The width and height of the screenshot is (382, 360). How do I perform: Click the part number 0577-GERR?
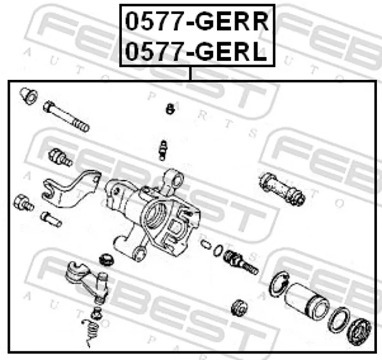[x=197, y=21]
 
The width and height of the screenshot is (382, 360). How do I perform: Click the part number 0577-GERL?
[x=196, y=52]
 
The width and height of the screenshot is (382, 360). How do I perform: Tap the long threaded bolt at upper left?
[x=66, y=116]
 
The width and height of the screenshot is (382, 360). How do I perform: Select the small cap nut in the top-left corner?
[x=29, y=96]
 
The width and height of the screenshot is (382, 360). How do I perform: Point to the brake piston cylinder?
[x=307, y=301]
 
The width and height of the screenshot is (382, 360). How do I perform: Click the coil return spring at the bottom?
[x=91, y=332]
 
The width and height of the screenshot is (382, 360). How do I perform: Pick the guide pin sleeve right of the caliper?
[x=282, y=189]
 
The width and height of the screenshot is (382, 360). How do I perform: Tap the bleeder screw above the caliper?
[x=163, y=150]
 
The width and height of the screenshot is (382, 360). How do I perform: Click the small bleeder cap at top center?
[x=170, y=109]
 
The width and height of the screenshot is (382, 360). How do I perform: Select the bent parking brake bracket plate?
[x=71, y=190]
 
